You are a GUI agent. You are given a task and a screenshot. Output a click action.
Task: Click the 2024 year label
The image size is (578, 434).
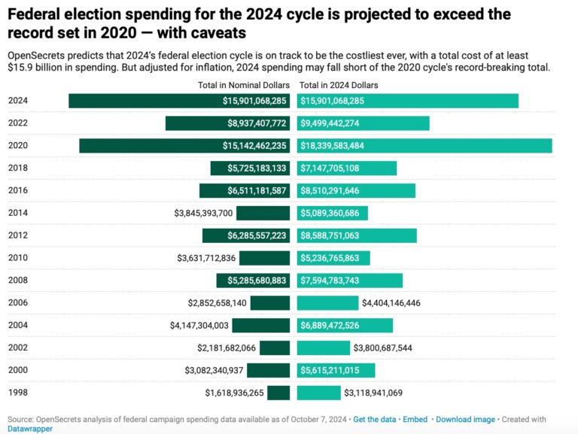coord(18,101)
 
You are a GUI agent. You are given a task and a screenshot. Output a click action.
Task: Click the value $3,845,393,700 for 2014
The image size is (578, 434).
coord(203,214)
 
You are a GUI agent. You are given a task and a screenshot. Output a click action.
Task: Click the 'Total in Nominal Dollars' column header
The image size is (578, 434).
coord(243,85)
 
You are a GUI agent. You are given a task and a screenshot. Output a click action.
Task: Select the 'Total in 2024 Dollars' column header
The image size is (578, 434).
coord(339,85)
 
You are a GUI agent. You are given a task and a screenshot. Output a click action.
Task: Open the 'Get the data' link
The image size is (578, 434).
coord(374,419)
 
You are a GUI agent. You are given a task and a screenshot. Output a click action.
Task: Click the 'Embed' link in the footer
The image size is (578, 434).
coord(415,419)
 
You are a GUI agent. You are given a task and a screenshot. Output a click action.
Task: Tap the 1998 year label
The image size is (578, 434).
coord(18,393)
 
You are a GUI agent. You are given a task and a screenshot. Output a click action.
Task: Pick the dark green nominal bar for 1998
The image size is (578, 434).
coord(278,393)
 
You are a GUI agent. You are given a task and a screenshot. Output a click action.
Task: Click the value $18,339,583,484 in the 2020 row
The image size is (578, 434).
coord(343,146)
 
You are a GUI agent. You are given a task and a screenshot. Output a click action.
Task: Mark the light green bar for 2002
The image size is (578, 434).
coord(324,348)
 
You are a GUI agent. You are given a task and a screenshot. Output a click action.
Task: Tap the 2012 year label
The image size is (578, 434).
coord(18,235)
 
